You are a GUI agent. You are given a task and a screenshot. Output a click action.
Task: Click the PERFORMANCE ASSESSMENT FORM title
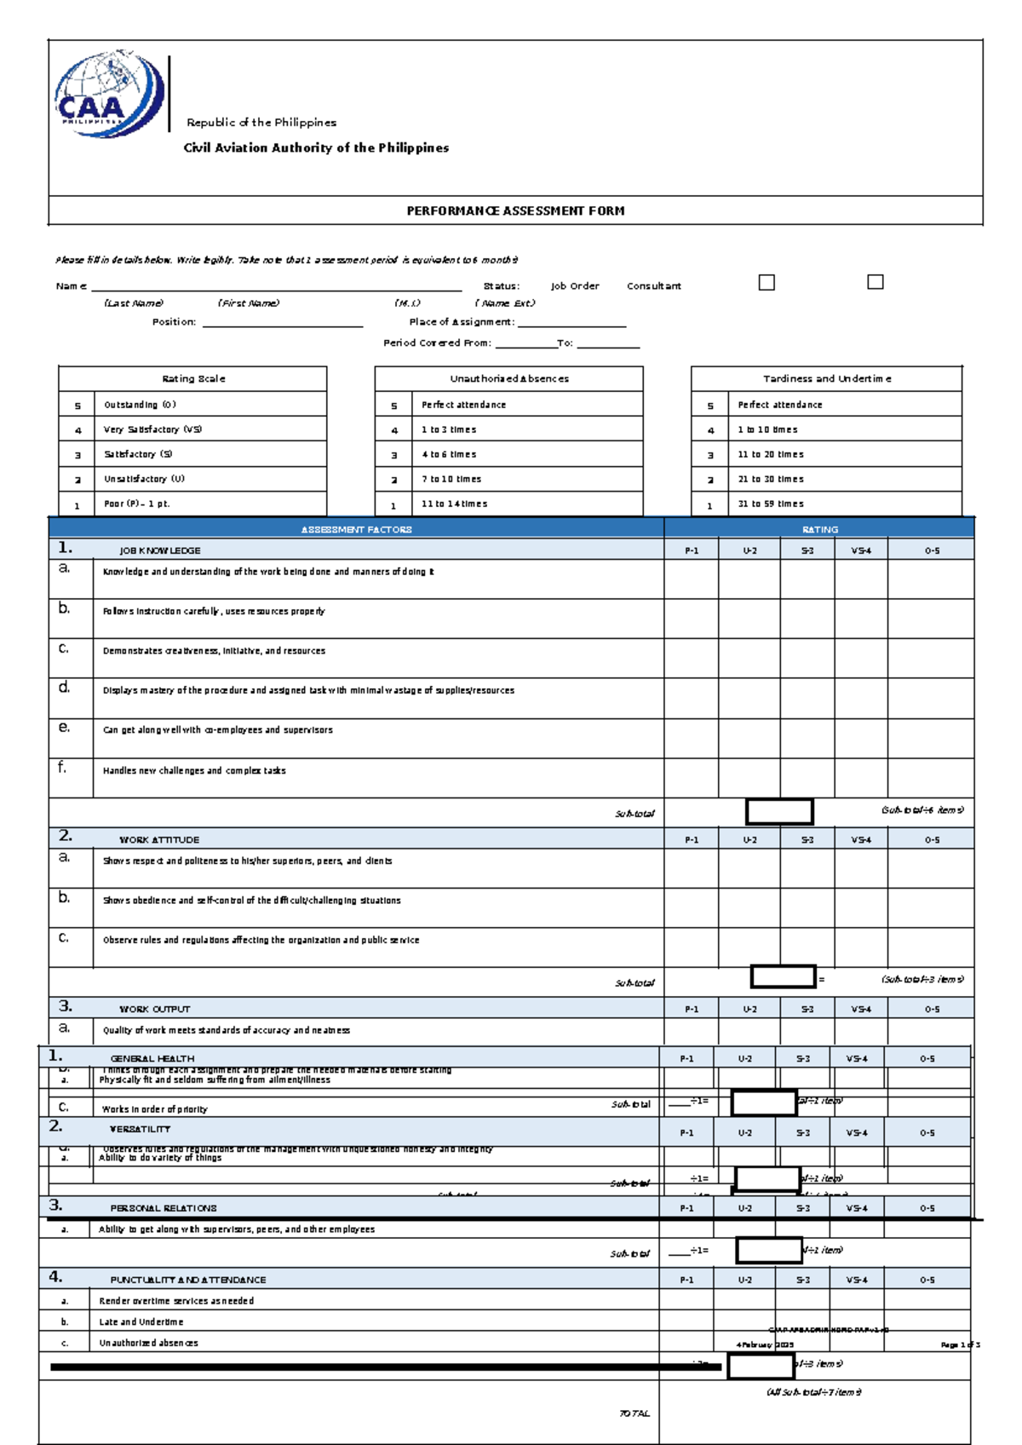(515, 210)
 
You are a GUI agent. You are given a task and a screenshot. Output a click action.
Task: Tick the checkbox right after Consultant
(766, 282)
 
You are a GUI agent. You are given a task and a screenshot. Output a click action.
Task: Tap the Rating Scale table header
(193, 378)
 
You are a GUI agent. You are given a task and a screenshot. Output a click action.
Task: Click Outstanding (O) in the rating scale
(140, 405)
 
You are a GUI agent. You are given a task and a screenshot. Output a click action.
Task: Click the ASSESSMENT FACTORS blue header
(356, 529)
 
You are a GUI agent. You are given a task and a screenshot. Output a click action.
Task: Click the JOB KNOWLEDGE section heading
(160, 550)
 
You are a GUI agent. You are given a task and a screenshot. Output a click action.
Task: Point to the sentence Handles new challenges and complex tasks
(194, 770)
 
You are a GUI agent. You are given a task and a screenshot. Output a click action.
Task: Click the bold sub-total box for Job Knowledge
(779, 811)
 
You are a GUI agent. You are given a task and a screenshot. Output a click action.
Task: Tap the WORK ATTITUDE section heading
(159, 839)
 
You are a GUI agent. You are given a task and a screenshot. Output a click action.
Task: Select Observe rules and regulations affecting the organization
(261, 940)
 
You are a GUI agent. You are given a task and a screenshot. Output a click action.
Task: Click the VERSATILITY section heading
(140, 1129)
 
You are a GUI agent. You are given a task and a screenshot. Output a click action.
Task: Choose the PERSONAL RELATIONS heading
(164, 1208)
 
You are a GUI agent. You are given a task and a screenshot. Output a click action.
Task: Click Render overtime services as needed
(176, 1301)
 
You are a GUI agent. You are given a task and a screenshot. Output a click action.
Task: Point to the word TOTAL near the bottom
(634, 1413)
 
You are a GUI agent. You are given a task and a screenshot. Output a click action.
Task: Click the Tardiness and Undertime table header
(827, 378)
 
